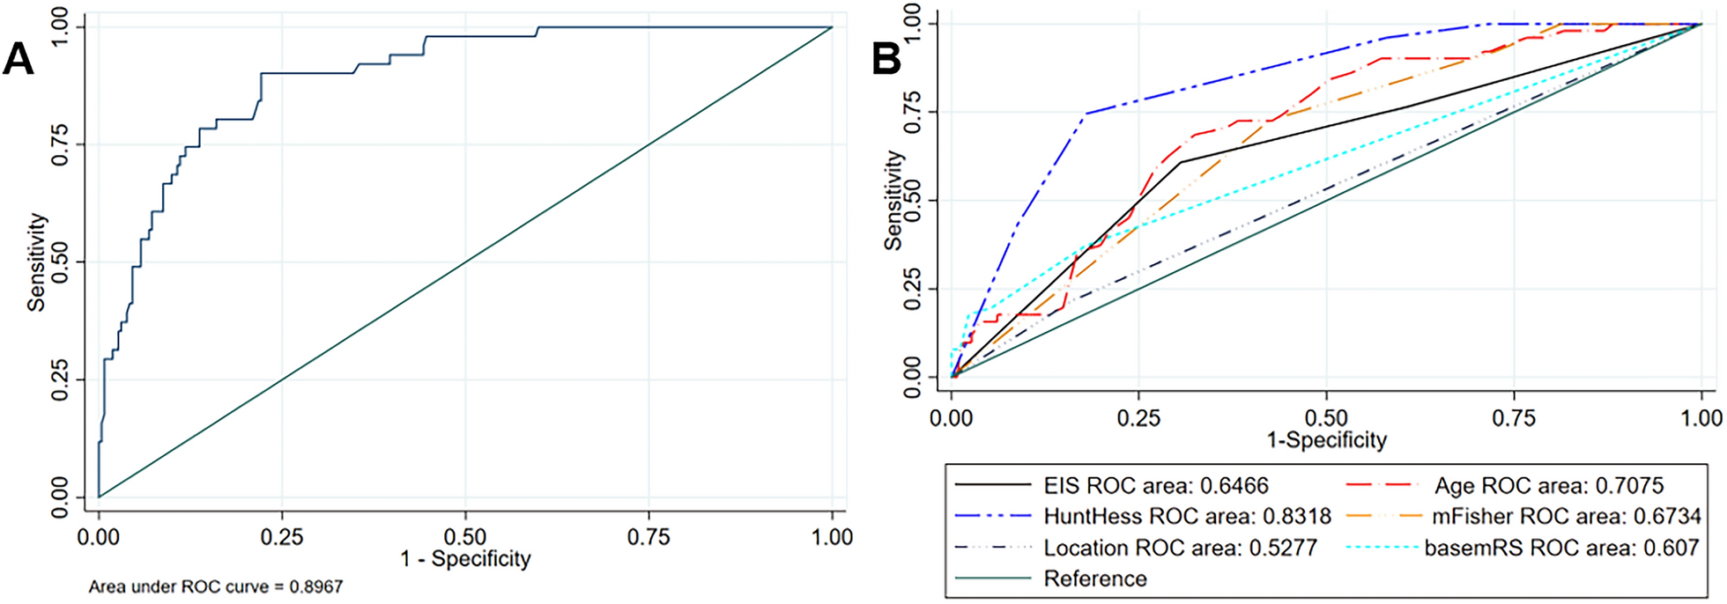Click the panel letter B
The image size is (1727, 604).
pos(886,60)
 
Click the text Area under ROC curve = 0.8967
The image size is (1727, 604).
pos(216,586)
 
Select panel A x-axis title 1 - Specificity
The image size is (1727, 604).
pos(465,558)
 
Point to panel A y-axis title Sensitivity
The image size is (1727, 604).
pos(36,261)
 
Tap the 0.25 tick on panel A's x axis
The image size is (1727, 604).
pos(282,536)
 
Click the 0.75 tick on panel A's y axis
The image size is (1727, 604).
pos(60,144)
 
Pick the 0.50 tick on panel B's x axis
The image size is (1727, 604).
pos(1326,417)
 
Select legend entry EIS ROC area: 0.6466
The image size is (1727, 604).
pos(1156,485)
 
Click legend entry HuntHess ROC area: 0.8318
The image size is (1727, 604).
pos(1187,516)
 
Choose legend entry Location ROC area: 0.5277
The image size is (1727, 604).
pos(1180,548)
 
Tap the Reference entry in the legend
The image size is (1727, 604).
pos(1095,578)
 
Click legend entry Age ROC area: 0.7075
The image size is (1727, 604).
pos(1548,485)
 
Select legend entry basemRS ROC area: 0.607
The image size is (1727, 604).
pos(1561,548)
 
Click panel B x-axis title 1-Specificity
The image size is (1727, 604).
pos(1326,439)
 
